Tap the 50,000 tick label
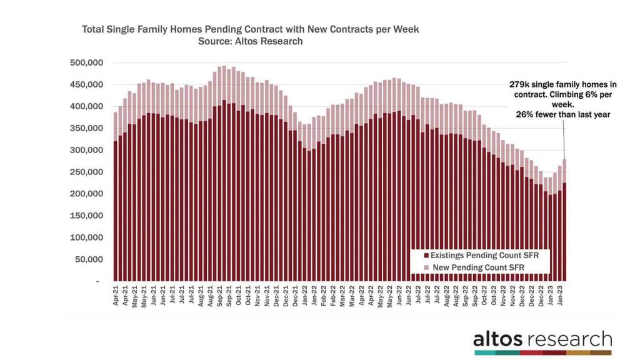click(x=90, y=260)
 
